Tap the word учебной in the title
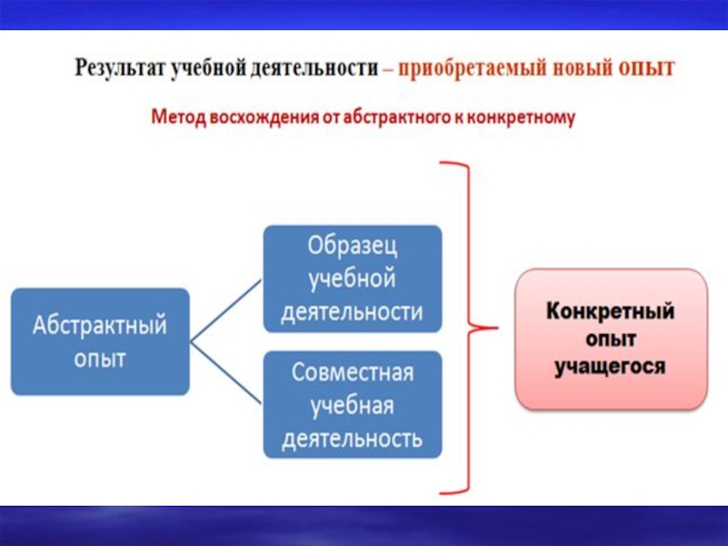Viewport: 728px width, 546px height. click(x=205, y=68)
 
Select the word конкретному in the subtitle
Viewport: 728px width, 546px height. click(x=527, y=118)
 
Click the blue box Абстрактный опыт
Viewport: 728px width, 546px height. click(x=100, y=341)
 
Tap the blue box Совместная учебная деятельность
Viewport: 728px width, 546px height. click(x=352, y=406)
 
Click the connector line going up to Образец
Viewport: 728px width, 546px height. click(x=227, y=309)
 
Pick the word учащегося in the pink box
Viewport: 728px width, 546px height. click(x=611, y=366)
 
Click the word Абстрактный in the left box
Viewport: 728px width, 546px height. click(x=100, y=326)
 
